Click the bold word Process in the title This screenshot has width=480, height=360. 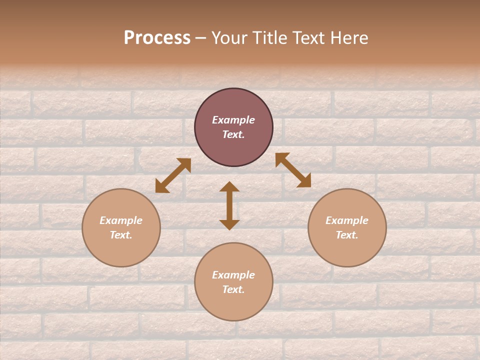[157, 38]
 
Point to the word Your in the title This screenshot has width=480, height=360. [228, 38]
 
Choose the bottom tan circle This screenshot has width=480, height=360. [233, 305]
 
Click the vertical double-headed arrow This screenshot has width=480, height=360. [229, 205]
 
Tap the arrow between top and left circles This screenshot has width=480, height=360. [173, 175]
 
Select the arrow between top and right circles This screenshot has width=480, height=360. [293, 170]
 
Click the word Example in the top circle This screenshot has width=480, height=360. [233, 120]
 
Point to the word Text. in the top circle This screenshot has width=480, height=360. [233, 134]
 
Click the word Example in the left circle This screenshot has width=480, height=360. [121, 220]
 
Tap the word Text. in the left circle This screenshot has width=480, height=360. [121, 235]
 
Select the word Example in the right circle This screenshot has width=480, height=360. [347, 220]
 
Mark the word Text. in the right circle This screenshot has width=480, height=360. [347, 235]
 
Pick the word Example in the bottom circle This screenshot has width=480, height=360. [233, 275]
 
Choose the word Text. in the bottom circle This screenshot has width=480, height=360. [233, 289]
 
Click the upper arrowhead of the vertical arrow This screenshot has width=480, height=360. [229, 186]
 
